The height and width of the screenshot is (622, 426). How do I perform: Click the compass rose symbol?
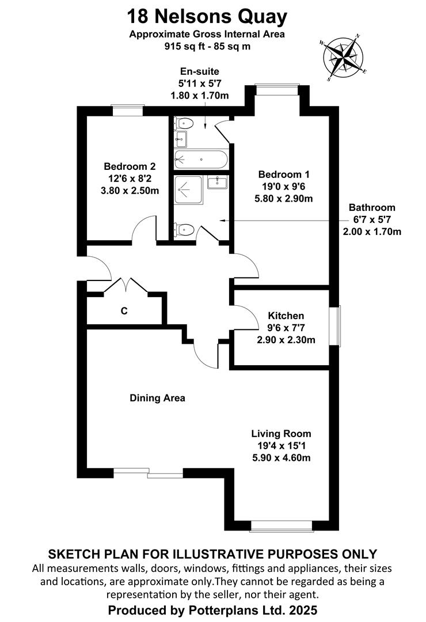343,57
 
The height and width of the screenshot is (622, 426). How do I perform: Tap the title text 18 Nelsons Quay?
207,17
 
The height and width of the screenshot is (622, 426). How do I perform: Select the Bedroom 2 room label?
130,166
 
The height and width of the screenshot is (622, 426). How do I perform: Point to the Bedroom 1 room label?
284,174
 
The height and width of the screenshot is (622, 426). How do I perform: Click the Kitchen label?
286,316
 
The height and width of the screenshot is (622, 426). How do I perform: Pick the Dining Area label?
158,398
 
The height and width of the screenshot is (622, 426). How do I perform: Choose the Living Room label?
281,434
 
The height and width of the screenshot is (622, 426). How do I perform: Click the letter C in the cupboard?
124,311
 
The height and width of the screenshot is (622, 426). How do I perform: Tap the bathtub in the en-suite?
201,160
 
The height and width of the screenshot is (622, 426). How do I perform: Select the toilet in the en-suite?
184,123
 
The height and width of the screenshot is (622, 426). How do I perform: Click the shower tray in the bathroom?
189,191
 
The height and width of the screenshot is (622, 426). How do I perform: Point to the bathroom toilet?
184,230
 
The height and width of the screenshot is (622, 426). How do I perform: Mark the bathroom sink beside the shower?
218,183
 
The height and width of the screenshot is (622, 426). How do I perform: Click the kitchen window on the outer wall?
337,325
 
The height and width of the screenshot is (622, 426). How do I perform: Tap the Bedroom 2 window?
127,110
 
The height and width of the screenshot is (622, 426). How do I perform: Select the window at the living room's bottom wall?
282,526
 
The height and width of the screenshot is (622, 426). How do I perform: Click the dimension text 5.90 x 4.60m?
282,458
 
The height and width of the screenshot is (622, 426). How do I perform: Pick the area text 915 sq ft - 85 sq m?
207,46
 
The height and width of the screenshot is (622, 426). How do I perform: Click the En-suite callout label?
200,71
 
